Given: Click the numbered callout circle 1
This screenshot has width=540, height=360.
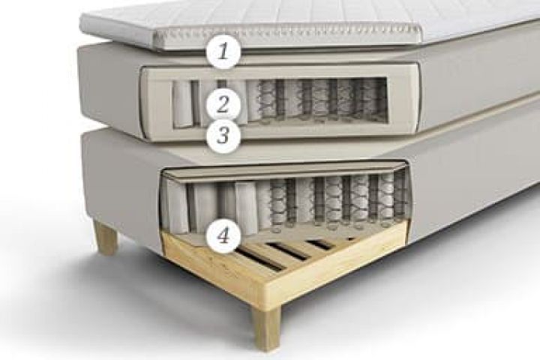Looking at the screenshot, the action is point(223,52).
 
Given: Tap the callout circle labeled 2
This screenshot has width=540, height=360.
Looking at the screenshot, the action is point(223,103).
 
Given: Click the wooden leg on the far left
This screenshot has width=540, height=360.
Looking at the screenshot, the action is point(106,237).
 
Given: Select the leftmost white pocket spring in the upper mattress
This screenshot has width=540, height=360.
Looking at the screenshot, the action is point(181,103).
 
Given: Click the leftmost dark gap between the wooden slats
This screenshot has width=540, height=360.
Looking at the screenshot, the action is point(257,259).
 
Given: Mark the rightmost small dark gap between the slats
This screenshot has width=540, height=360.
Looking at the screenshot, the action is point(350,238).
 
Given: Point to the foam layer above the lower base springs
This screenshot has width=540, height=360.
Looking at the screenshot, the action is point(283,173).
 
